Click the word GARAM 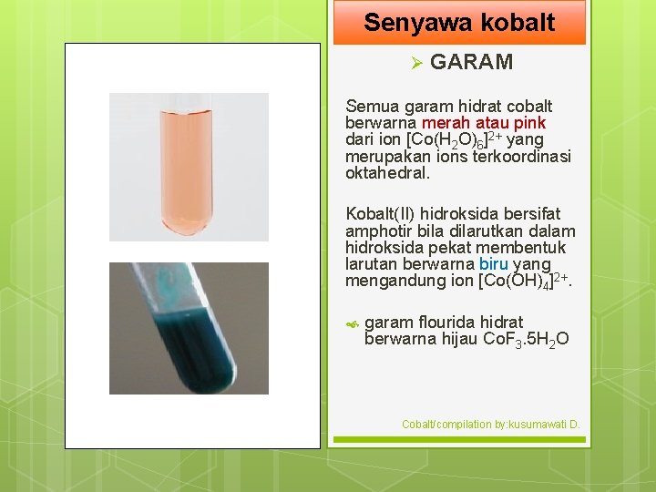[x=471, y=62]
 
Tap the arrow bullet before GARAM [x=415, y=63]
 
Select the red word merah [x=443, y=123]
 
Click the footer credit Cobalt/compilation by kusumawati [x=491, y=425]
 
